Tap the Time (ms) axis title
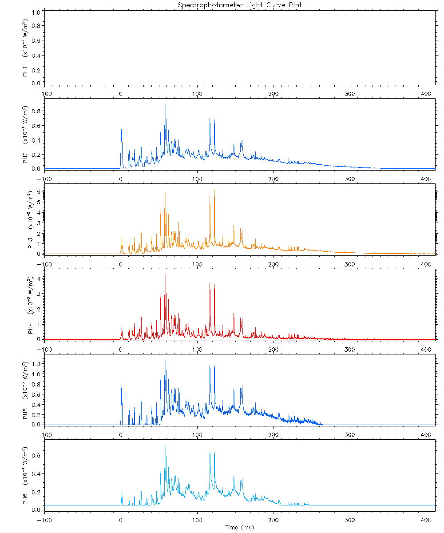[240, 527]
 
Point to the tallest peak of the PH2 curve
[166, 105]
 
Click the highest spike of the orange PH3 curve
[214, 190]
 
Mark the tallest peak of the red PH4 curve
[166, 275]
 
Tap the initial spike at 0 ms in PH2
[121, 124]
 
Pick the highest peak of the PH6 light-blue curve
[166, 446]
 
